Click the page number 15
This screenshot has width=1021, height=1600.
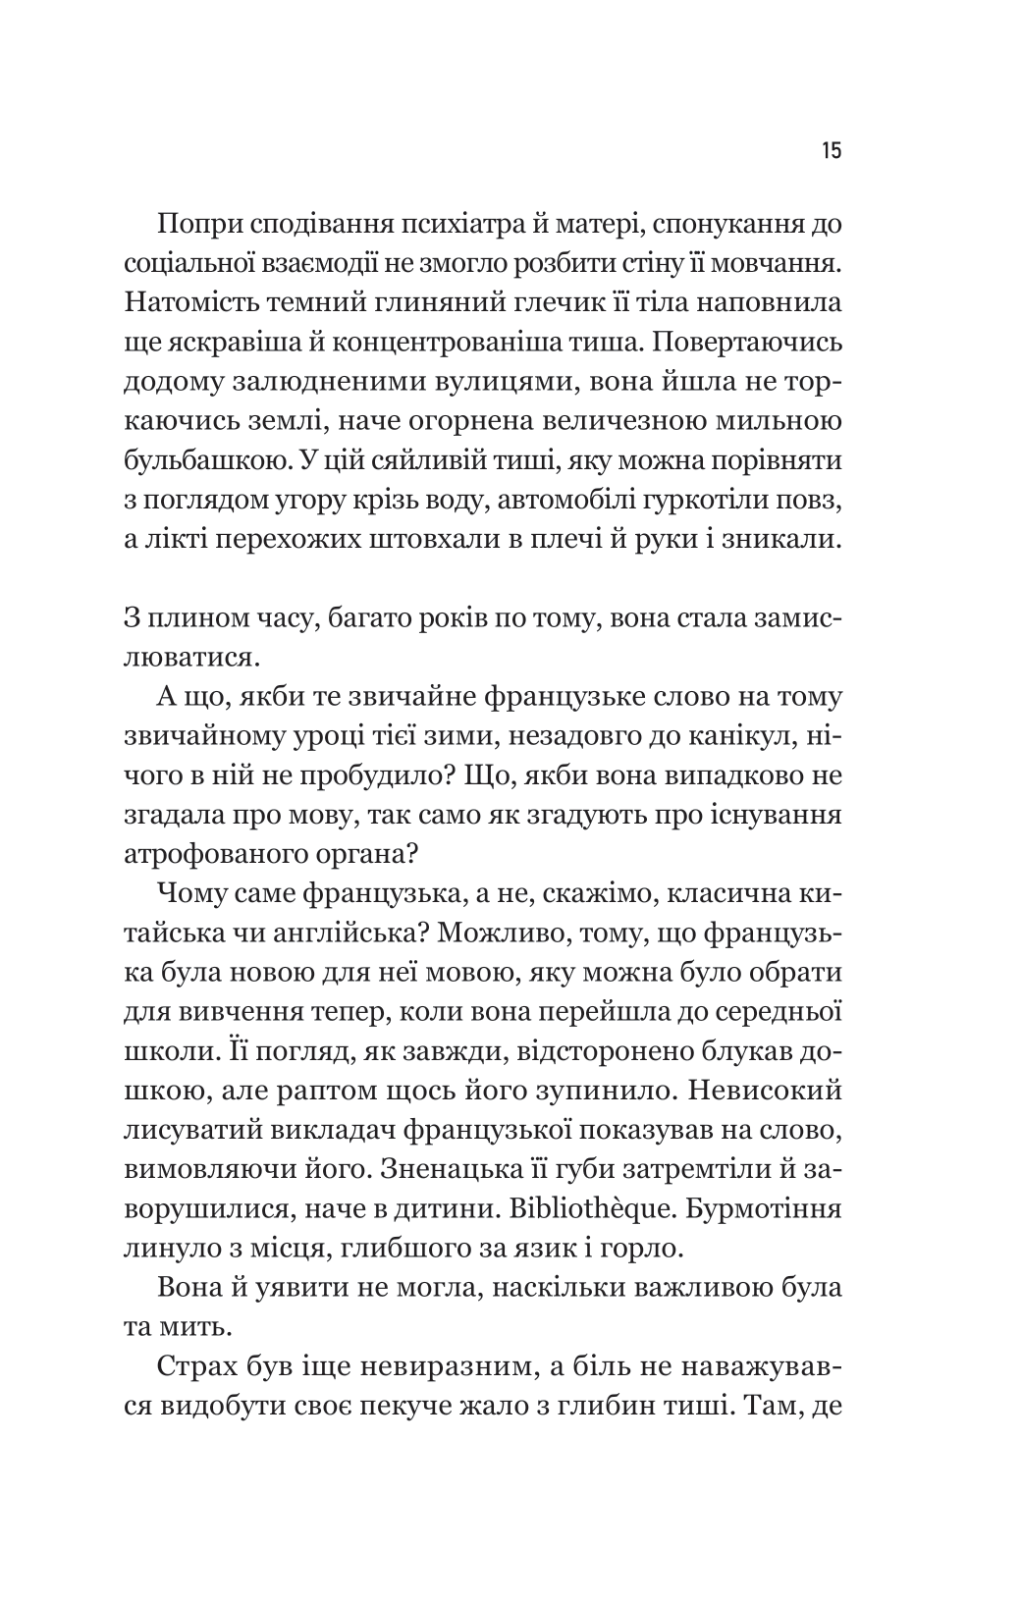(831, 152)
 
